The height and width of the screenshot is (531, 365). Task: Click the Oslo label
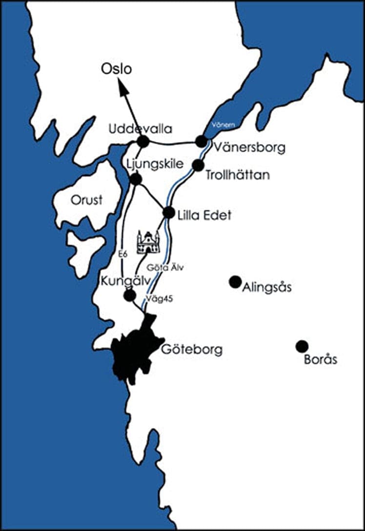(116, 69)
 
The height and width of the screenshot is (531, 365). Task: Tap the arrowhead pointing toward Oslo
(122, 88)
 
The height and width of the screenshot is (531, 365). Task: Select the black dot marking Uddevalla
(143, 141)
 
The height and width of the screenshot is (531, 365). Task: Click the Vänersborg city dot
(201, 141)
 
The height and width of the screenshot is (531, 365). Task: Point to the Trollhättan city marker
(198, 165)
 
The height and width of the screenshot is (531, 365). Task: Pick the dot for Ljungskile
(136, 179)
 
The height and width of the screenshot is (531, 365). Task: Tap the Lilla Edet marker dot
(168, 213)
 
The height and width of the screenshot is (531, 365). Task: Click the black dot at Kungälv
(130, 295)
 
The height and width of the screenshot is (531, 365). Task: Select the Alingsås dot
(235, 281)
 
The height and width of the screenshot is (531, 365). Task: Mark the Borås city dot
(302, 346)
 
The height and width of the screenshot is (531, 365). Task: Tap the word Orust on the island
(86, 200)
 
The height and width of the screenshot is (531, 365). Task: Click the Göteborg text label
(191, 350)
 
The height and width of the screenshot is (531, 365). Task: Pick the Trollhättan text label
(238, 175)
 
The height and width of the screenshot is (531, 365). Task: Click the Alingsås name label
(267, 287)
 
